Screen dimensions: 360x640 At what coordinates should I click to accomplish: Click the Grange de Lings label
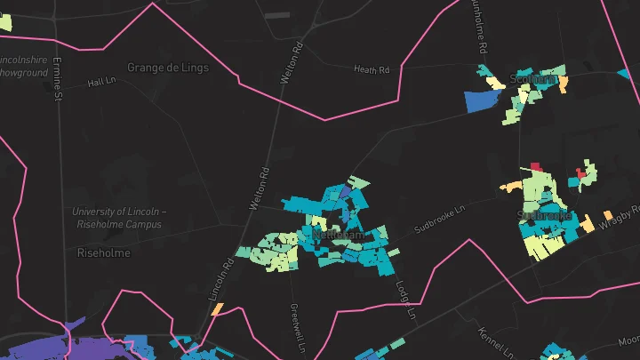pyautogui.click(x=168, y=68)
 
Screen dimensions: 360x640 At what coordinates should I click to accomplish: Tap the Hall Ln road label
pyautogui.click(x=103, y=82)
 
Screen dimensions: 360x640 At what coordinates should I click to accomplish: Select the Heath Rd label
pyautogui.click(x=372, y=69)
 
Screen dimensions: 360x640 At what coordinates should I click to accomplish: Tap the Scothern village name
pyautogui.click(x=532, y=79)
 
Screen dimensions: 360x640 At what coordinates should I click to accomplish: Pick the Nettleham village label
pyautogui.click(x=338, y=236)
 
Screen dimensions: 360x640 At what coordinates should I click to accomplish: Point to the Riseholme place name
pyautogui.click(x=104, y=253)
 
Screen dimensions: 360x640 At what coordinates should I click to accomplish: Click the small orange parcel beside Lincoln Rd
pyautogui.click(x=216, y=308)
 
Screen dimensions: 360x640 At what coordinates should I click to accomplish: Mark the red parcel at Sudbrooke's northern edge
pyautogui.click(x=535, y=165)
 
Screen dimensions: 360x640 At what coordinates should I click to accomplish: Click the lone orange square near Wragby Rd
pyautogui.click(x=608, y=215)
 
